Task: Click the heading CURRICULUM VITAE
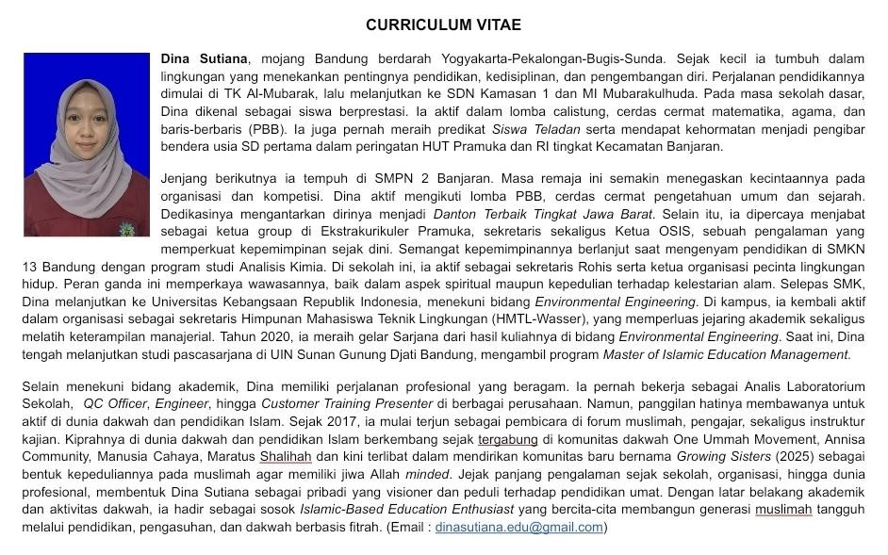[443, 24]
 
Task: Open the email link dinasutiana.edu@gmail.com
[518, 527]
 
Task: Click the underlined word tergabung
[508, 438]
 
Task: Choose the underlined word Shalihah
[286, 456]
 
